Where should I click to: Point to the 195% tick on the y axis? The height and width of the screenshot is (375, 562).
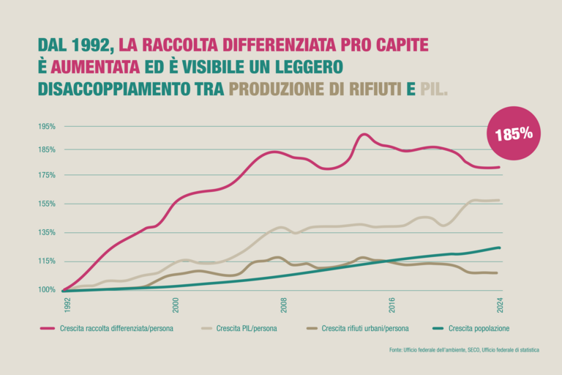pyautogui.click(x=47, y=126)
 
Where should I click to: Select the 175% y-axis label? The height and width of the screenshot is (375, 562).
pyautogui.click(x=47, y=175)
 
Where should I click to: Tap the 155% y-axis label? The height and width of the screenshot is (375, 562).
pyautogui.click(x=47, y=204)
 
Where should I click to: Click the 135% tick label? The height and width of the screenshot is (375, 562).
pyautogui.click(x=47, y=232)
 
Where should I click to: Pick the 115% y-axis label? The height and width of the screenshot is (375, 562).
pyautogui.click(x=47, y=261)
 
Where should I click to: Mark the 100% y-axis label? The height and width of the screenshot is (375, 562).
pyautogui.click(x=47, y=289)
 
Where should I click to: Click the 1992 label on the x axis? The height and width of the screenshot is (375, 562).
pyautogui.click(x=67, y=304)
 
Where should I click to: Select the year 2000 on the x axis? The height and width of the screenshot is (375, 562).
pyautogui.click(x=176, y=304)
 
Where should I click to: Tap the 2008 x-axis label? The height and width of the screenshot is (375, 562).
pyautogui.click(x=284, y=304)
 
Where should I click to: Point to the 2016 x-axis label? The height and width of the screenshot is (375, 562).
pyautogui.click(x=392, y=304)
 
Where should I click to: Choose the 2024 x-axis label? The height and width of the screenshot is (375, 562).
pyautogui.click(x=501, y=304)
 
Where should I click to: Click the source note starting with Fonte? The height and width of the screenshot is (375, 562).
pyautogui.click(x=464, y=350)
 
